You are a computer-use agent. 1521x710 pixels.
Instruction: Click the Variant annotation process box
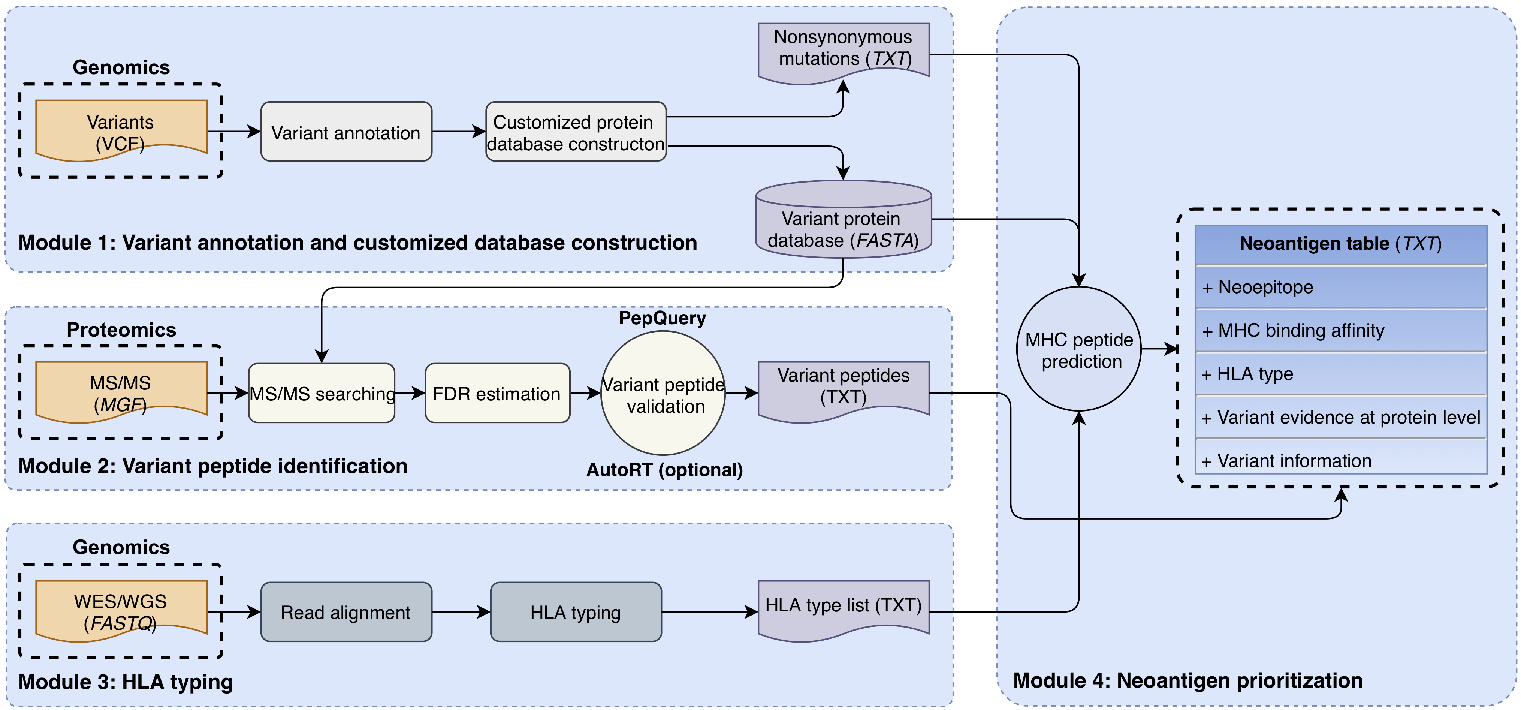tap(346, 132)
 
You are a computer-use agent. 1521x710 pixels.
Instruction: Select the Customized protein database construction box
tap(576, 132)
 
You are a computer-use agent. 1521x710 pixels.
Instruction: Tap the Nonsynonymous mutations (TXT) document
tap(843, 52)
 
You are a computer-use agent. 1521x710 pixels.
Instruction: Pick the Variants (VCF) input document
tap(121, 130)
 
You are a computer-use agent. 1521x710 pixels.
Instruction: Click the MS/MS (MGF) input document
tap(121, 392)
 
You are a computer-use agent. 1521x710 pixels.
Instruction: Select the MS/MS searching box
tap(322, 393)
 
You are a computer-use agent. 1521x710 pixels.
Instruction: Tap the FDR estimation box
tap(497, 393)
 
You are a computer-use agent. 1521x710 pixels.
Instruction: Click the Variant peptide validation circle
tap(663, 393)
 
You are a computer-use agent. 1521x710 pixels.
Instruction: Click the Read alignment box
tap(346, 612)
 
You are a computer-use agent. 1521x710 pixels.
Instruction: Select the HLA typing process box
tap(576, 612)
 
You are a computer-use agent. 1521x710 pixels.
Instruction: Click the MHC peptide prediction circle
tap(1079, 349)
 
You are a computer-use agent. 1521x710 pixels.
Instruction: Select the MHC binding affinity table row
tap(1340, 330)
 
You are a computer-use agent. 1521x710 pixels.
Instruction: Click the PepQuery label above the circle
tap(663, 318)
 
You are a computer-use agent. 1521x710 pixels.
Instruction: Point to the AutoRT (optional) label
tap(664, 470)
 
